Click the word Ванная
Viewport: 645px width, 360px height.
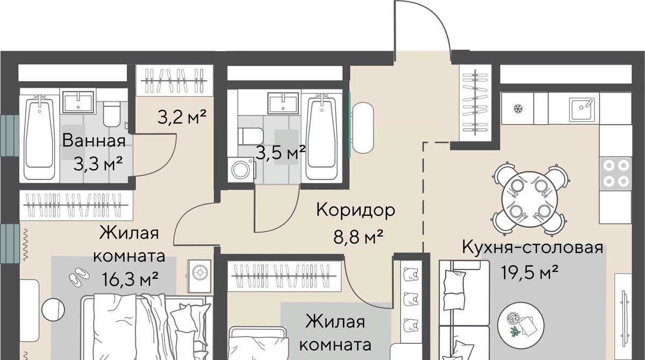tap(94, 141)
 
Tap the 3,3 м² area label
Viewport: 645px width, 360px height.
tap(98, 164)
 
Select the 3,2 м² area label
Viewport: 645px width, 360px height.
tap(182, 117)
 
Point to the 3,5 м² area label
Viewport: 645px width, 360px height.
tap(281, 153)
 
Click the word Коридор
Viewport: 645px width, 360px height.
tap(356, 211)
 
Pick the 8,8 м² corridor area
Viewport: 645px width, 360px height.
tap(358, 237)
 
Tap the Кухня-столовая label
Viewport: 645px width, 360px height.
tap(533, 247)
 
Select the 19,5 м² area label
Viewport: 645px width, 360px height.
tap(530, 272)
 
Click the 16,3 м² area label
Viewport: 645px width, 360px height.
tap(130, 279)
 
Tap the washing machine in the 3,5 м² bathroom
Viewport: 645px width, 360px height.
tap(241, 170)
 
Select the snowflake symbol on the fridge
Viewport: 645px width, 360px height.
tap(519, 109)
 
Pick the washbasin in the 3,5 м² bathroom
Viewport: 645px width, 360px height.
tap(283, 103)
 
